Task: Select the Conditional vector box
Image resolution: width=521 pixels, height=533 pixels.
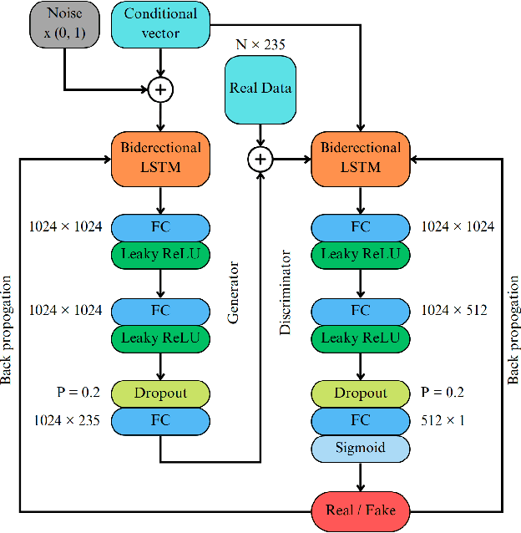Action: tap(160, 23)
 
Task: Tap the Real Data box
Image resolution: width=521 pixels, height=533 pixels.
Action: tap(260, 89)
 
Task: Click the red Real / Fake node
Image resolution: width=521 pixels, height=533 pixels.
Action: tap(361, 510)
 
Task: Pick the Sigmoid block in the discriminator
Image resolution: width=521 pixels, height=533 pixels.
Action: tap(361, 447)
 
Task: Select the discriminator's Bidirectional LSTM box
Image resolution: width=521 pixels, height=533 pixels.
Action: tap(361, 157)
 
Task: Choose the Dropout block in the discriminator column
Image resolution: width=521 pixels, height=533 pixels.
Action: tap(361, 393)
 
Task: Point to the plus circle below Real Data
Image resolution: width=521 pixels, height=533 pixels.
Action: tap(261, 157)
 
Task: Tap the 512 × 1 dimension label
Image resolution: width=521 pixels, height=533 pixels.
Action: tap(443, 420)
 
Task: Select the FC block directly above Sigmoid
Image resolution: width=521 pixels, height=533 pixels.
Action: tap(361, 420)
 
